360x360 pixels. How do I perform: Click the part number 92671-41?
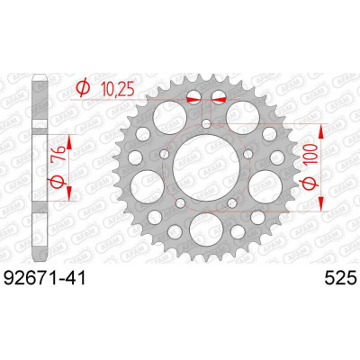point(44,277)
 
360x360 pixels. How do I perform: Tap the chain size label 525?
point(341,277)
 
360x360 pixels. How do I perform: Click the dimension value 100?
point(310,154)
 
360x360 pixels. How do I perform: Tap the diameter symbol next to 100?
point(310,184)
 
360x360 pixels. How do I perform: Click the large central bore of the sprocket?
point(206,167)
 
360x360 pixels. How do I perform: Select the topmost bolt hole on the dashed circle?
point(206,123)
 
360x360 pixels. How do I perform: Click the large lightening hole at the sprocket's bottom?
point(206,229)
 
